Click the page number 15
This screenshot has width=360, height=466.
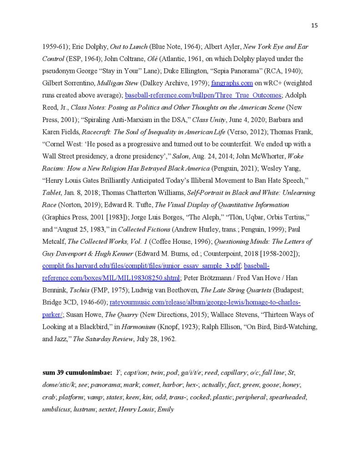click(x=314, y=25)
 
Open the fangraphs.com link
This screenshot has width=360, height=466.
click(x=232, y=83)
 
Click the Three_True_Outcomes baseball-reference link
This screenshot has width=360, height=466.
click(x=203, y=96)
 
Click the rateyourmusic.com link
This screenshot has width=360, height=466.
click(x=205, y=302)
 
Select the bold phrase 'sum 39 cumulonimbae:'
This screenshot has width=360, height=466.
click(x=77, y=373)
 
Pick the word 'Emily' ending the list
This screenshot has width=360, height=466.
click(x=166, y=409)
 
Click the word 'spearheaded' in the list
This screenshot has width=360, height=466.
click(x=288, y=397)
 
